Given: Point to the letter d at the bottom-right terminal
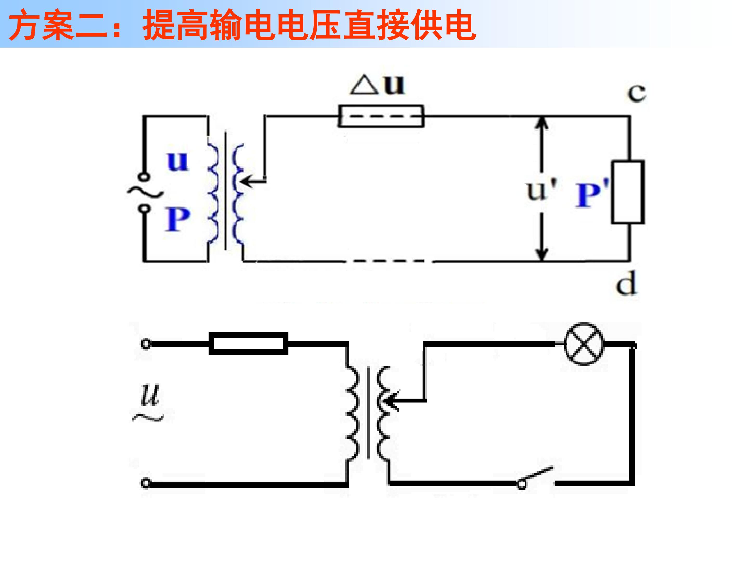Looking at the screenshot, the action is (x=627, y=283).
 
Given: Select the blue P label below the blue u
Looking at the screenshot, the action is (x=177, y=219).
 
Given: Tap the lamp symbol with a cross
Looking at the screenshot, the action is (x=584, y=344).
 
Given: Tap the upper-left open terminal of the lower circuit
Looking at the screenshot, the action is (x=146, y=344).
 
